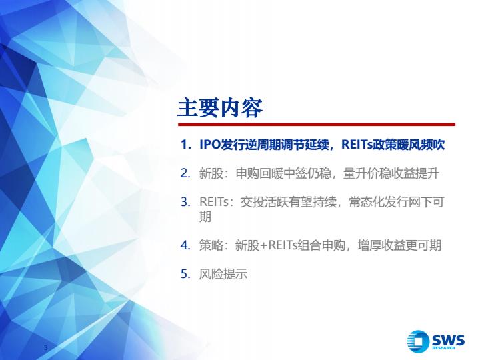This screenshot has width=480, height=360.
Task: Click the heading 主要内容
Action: [220, 108]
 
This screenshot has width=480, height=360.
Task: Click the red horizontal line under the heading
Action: [317, 125]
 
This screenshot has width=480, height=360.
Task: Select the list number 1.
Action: [185, 145]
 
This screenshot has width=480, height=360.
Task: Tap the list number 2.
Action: [185, 173]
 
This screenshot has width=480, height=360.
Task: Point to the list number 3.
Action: [185, 202]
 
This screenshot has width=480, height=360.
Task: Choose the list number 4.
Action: [185, 245]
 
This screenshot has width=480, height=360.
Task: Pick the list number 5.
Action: [185, 274]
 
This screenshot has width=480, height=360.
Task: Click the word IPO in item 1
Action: [210, 145]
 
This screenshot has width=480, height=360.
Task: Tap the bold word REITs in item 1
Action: [357, 145]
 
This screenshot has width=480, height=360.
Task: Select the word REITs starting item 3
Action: [214, 202]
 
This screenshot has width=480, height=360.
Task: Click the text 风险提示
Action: [223, 274]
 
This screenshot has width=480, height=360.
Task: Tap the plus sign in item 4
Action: [264, 245]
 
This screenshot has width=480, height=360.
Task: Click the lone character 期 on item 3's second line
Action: [205, 217]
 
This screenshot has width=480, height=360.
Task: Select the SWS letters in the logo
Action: [448, 340]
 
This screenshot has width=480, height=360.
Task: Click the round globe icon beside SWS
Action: [418, 341]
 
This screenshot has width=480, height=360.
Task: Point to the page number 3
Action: [46, 347]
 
